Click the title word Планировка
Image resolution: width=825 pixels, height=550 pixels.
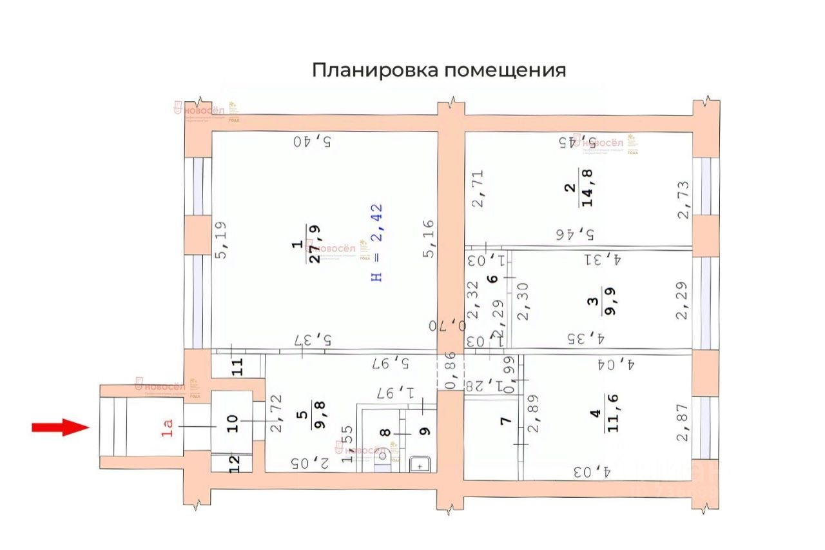pos(376,70)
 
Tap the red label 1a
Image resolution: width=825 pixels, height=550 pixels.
pos(168,427)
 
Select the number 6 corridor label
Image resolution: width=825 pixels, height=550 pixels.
pos(492,279)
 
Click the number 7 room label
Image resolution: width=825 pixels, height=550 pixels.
pos(506,422)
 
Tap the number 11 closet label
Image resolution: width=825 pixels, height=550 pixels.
pos(237,367)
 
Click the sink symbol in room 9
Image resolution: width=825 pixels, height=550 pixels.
pos(420,463)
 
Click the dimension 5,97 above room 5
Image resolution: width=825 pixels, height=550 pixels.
pos(391,363)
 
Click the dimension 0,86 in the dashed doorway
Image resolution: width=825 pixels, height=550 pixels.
pos(451,372)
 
